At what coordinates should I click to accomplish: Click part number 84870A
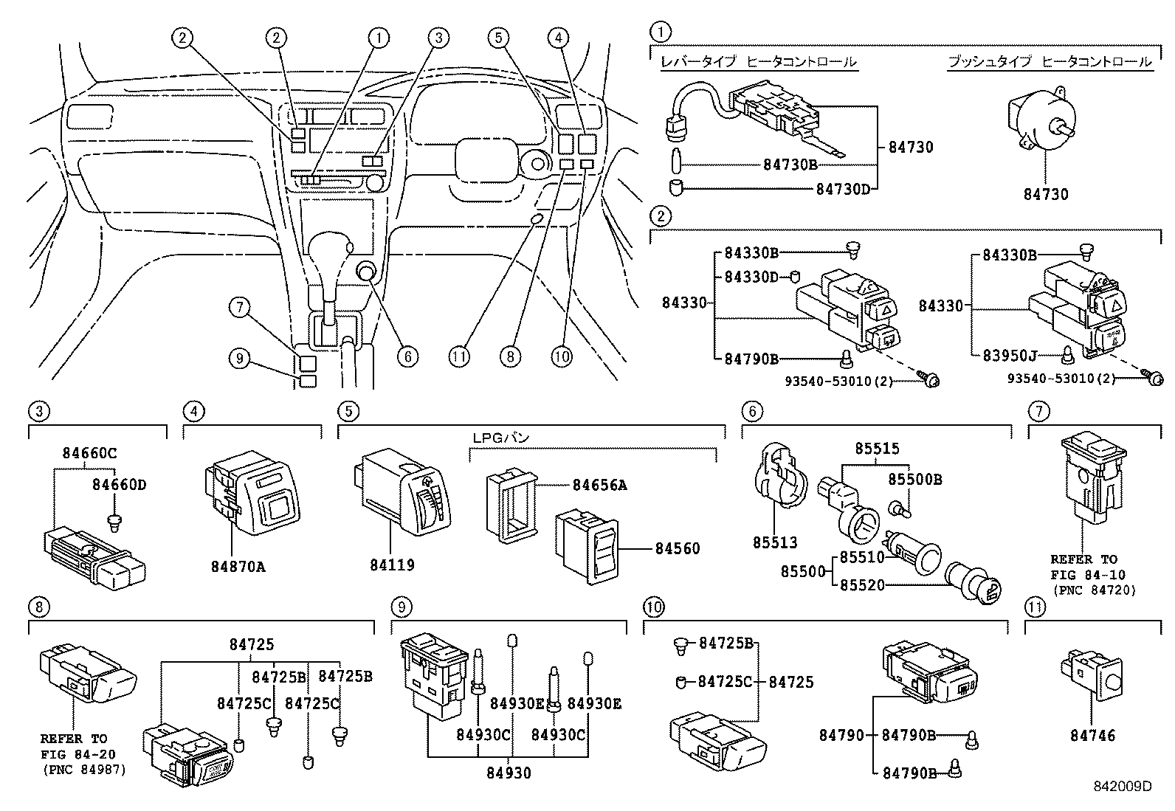[238, 566]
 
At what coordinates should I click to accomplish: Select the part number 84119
[391, 565]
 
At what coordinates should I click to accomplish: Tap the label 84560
[677, 548]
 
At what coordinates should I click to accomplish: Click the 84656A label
[599, 485]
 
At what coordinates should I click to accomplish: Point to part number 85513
[775, 542]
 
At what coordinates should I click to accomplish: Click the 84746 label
[1092, 735]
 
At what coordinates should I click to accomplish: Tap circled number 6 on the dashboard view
[407, 356]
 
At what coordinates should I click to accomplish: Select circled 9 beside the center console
[239, 359]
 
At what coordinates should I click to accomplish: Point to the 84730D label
[843, 189]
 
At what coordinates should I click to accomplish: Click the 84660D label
[119, 485]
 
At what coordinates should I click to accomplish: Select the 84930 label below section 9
[509, 773]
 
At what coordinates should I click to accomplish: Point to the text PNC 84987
[83, 770]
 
